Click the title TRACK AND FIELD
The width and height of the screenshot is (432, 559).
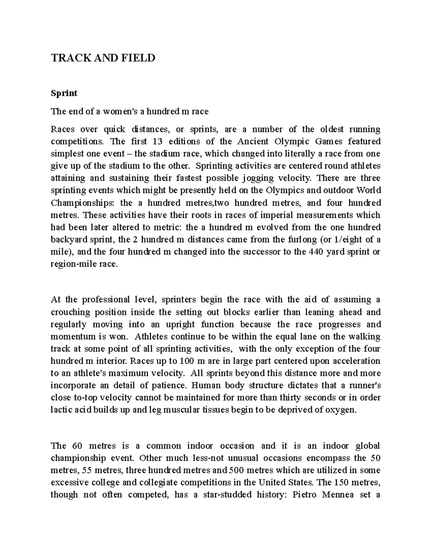tap(103, 58)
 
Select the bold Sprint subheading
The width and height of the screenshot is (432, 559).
tap(64, 93)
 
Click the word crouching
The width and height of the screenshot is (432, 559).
tap(70, 312)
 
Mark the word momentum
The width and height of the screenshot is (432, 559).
tap(68, 337)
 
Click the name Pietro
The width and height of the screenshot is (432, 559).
tap(305, 495)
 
